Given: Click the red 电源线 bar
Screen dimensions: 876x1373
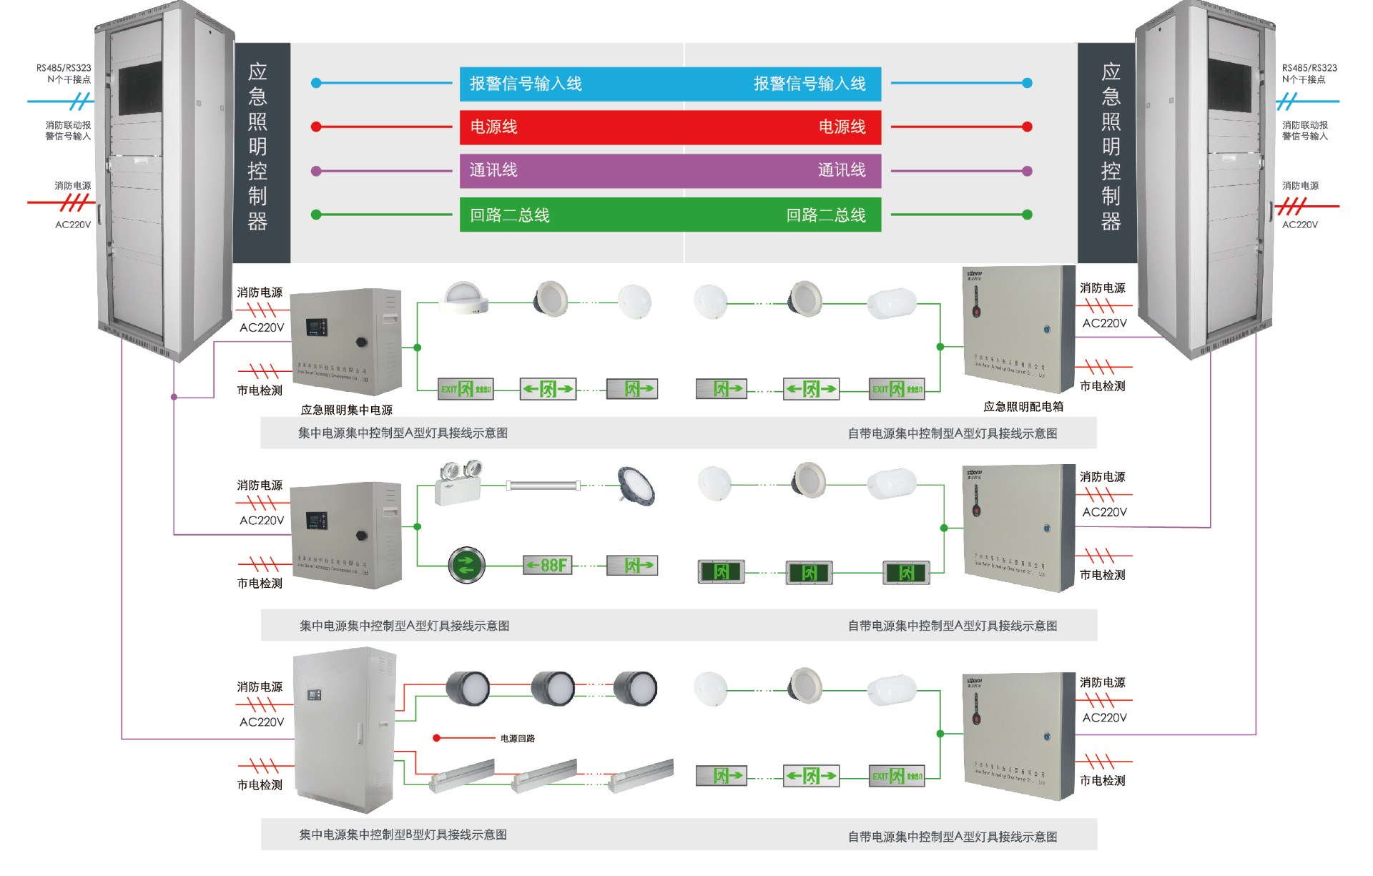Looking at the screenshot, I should click(x=670, y=127).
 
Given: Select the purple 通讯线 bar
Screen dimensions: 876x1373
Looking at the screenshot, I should click(x=670, y=171).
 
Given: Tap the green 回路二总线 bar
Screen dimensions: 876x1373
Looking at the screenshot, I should click(x=670, y=215).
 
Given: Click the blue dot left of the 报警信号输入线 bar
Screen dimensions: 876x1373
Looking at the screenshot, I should click(x=316, y=83).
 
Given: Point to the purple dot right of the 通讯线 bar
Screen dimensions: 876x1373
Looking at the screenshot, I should click(x=1028, y=171).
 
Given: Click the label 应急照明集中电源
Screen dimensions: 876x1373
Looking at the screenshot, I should click(x=347, y=410).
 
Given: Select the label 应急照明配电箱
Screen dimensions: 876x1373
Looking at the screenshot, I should click(x=1023, y=406).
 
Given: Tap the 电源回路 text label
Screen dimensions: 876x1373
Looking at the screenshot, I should click(x=518, y=738).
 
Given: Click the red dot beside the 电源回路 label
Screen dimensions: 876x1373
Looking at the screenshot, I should click(x=436, y=738).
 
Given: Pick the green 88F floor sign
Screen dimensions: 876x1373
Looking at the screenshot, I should click(x=548, y=565).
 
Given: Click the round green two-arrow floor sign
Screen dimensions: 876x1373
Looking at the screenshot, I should click(x=466, y=565).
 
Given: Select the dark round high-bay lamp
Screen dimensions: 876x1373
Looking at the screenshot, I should click(x=636, y=486).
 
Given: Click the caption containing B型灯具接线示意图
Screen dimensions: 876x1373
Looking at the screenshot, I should click(x=403, y=835).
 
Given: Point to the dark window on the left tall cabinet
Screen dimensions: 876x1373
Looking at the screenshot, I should click(x=140, y=88).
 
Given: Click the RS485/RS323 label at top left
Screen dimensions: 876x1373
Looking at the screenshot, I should click(x=64, y=68).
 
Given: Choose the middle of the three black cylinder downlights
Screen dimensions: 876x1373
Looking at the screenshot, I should click(x=553, y=688).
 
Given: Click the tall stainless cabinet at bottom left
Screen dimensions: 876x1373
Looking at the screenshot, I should click(x=345, y=729).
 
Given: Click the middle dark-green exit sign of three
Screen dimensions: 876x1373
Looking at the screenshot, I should click(x=809, y=572).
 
